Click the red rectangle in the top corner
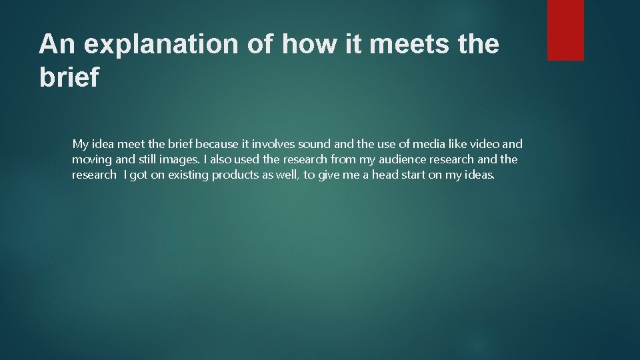pos(565,30)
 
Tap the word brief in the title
pos(69,77)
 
